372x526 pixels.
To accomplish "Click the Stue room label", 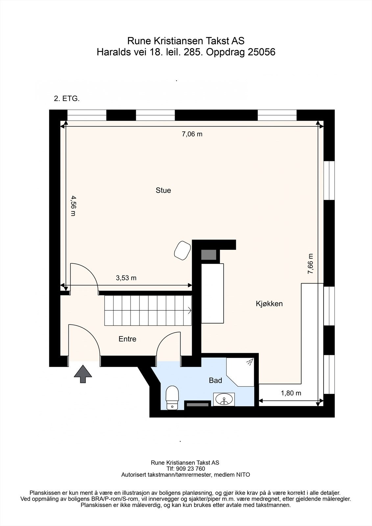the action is [163, 190].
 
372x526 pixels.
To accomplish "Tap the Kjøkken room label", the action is [269, 304].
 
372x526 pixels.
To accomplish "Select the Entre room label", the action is [127, 339].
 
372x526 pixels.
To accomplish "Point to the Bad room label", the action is [215, 380].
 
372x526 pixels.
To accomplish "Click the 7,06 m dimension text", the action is [192, 134].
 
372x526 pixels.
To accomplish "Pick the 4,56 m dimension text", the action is [73, 206].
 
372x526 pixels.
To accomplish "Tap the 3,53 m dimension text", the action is [126, 278].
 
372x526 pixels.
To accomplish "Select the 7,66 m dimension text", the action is [310, 264].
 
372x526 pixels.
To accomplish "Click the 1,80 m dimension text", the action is [291, 393].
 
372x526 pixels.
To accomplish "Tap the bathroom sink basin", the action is [224, 399].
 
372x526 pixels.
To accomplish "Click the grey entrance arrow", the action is [83, 374].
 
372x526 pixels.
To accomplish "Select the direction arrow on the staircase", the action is [189, 310].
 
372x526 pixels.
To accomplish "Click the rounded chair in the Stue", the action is [182, 251].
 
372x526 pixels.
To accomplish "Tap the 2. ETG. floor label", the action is [67, 99].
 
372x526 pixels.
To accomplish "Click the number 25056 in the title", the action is [261, 52].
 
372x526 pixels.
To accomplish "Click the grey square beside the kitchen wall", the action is [209, 255].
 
